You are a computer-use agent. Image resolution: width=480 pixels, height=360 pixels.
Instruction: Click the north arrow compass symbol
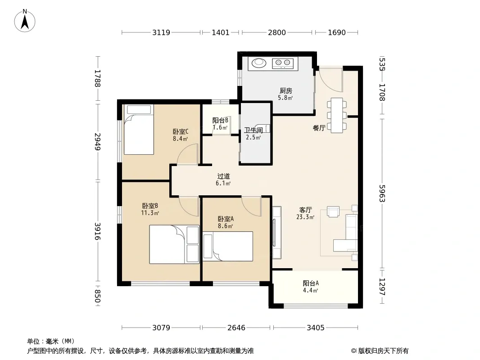(x=25, y=21)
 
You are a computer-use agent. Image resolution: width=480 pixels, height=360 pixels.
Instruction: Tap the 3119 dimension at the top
(x=161, y=32)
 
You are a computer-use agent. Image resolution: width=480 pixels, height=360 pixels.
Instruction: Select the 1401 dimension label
(x=220, y=32)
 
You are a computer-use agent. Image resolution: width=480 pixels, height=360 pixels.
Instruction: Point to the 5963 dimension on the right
(x=382, y=193)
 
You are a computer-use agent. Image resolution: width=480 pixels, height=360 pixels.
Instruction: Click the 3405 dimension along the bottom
(x=316, y=328)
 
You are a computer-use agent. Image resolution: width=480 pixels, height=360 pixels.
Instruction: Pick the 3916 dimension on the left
(x=97, y=231)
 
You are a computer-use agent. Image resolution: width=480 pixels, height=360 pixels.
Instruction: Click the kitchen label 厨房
(x=285, y=90)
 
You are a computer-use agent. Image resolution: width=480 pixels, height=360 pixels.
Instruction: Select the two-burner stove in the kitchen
(x=283, y=63)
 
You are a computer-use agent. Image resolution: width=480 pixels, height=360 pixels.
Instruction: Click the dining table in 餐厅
(x=337, y=115)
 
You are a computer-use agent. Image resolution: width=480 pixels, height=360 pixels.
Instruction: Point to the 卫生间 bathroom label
(x=254, y=130)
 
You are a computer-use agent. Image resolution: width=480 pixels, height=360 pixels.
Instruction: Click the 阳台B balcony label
(x=220, y=121)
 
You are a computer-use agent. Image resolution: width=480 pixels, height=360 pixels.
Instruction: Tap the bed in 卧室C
(x=139, y=130)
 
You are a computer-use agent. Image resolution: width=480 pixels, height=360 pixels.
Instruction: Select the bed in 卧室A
(x=228, y=246)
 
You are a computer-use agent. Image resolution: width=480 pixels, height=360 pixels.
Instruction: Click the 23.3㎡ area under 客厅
(x=305, y=217)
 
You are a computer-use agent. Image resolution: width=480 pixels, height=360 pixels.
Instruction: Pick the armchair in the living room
(x=333, y=211)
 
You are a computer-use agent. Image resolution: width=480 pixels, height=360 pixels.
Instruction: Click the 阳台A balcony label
(x=311, y=283)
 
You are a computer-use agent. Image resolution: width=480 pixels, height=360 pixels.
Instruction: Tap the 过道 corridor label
(x=223, y=176)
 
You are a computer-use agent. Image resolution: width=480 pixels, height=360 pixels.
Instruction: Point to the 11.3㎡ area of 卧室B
(x=150, y=213)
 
